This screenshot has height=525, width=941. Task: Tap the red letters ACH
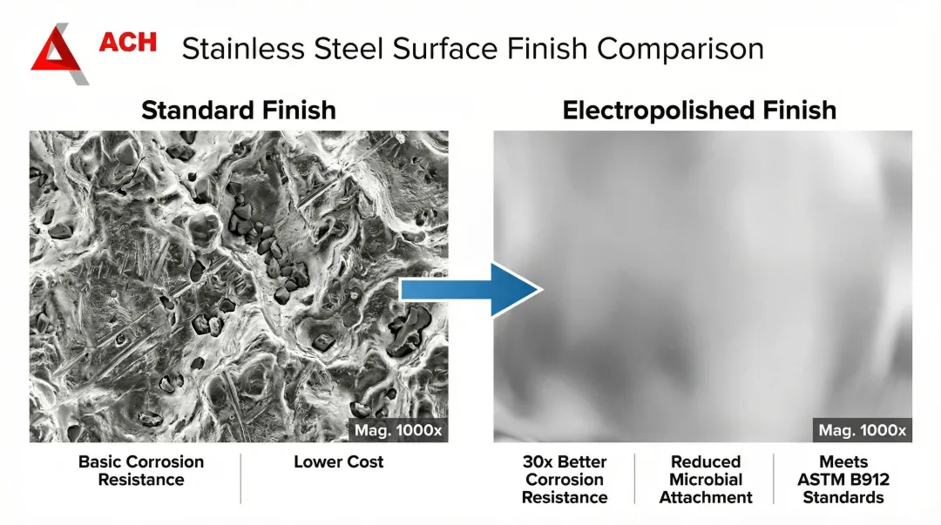pos(128,42)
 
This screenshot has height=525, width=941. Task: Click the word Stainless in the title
pos(243,49)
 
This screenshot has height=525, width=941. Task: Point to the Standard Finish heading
pos(238,111)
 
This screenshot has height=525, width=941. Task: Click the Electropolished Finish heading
pos(699,111)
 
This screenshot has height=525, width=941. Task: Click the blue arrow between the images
pos(471,290)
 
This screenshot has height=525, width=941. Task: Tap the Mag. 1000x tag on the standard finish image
pos(398,430)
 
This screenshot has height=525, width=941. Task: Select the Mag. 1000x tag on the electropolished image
pos(863,430)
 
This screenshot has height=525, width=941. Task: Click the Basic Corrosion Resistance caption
pos(141,470)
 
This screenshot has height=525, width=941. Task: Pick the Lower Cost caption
pos(338,462)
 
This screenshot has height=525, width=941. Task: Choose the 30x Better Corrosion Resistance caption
pos(564,480)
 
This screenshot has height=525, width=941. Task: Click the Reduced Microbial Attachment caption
pos(705,480)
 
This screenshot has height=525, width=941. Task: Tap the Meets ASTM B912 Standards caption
pos(843,480)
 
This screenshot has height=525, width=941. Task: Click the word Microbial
pos(706,480)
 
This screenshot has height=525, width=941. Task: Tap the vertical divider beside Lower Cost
pos(240,478)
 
